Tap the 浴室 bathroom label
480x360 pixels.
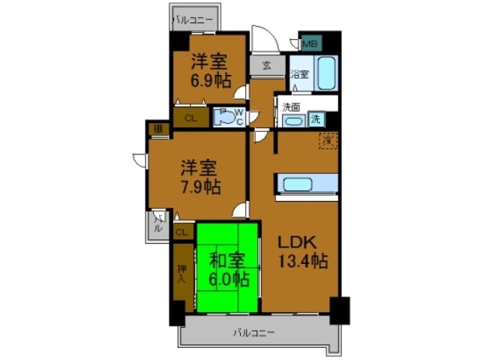pos(299,74)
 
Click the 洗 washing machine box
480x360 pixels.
pos(316,118)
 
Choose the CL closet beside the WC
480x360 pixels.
pos(190,118)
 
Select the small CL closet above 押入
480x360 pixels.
pos(181,233)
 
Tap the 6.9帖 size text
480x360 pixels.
pos(208,80)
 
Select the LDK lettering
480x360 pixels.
pos(298,242)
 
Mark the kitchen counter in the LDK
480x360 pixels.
pos(307,184)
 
